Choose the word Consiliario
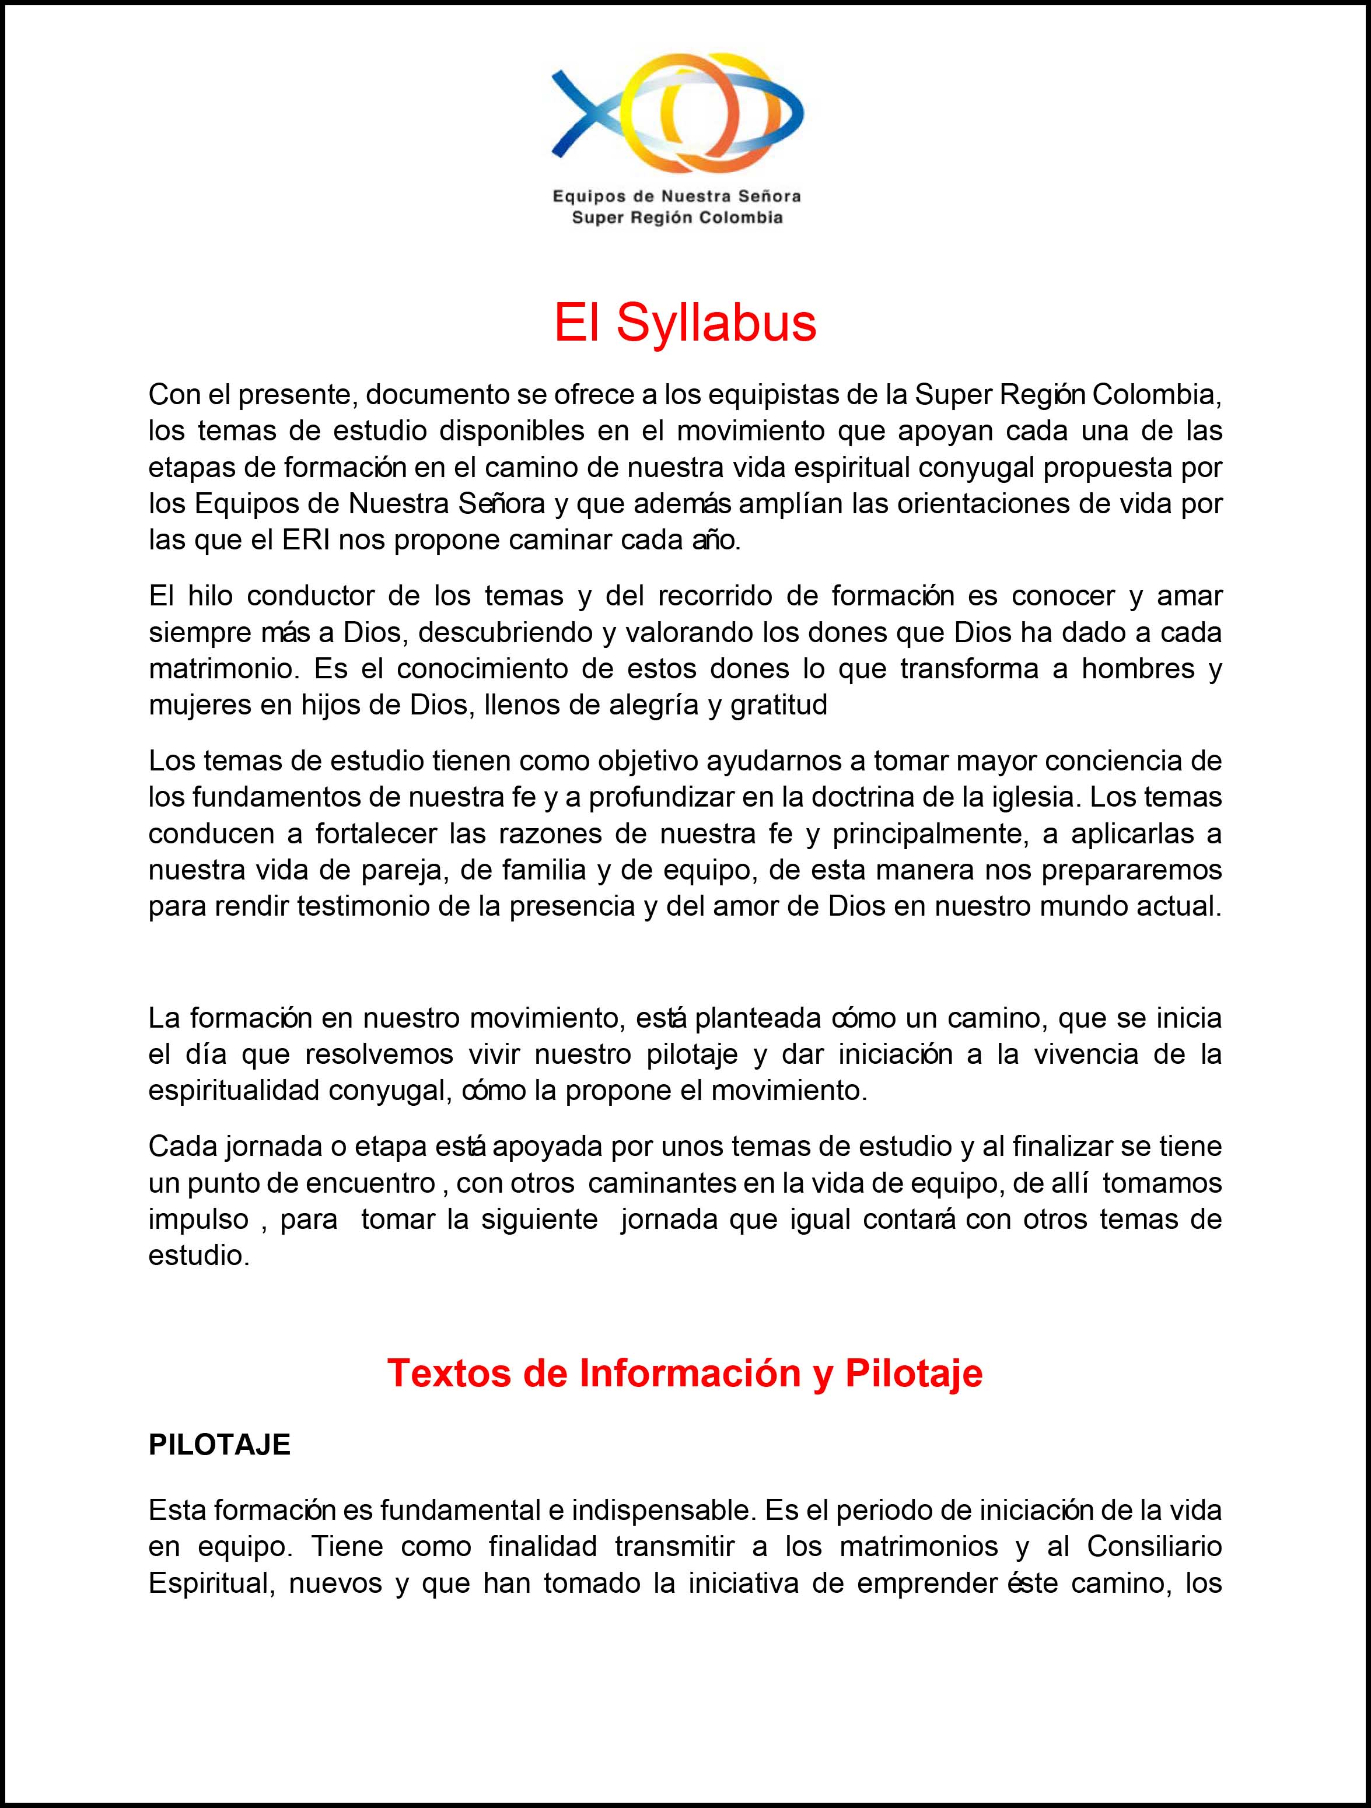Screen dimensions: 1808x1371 tap(1155, 1547)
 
